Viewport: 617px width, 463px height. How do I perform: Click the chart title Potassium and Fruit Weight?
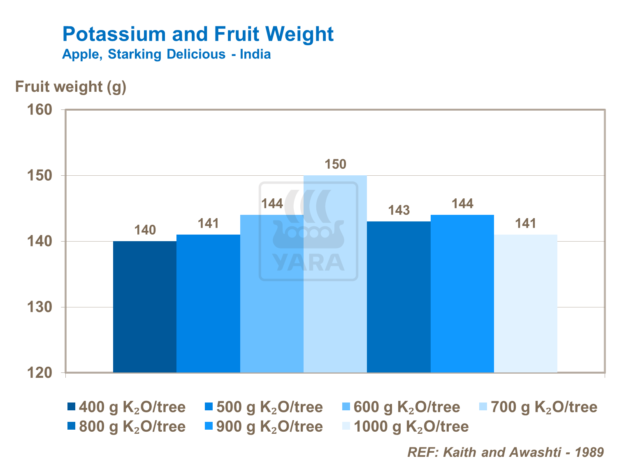[x=198, y=34]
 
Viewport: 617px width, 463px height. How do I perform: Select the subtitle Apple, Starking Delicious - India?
[x=166, y=54]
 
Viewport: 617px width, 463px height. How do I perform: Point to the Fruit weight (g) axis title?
[x=70, y=87]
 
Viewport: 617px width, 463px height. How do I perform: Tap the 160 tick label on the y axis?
[x=39, y=110]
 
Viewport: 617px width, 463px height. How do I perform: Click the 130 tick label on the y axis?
[x=39, y=307]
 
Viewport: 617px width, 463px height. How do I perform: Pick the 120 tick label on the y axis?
[x=39, y=373]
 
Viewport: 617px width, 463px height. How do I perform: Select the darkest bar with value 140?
[x=145, y=307]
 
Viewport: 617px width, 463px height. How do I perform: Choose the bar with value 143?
[x=399, y=297]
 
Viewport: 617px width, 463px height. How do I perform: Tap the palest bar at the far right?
[x=526, y=303]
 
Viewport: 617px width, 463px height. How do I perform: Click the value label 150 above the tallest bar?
[x=336, y=165]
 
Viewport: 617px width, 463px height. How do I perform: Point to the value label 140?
[x=145, y=230]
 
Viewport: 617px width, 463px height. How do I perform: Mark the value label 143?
[x=399, y=210]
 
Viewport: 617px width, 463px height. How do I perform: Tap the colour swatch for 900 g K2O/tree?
[x=209, y=426]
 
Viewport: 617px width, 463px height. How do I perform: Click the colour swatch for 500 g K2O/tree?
[x=209, y=407]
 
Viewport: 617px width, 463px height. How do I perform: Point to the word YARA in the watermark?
[x=308, y=263]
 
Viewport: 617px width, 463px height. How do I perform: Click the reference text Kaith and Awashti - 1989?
[x=505, y=452]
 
